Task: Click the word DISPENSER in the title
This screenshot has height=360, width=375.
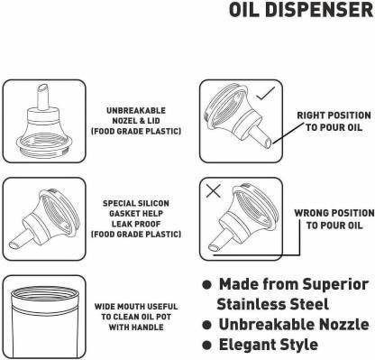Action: tap(319, 9)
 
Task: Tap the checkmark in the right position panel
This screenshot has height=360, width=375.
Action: tap(266, 93)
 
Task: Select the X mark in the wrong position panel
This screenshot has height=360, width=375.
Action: tap(214, 190)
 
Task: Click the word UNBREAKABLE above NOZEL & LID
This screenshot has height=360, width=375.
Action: tap(136, 111)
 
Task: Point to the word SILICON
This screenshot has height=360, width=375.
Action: tap(154, 203)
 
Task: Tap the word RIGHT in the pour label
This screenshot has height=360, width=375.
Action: tap(310, 115)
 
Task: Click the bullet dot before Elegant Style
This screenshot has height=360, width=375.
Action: tap(206, 345)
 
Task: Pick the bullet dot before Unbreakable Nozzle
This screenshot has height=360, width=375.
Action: tap(206, 325)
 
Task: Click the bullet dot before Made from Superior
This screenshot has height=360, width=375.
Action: tap(206, 284)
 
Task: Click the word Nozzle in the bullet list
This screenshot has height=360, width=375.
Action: tap(343, 324)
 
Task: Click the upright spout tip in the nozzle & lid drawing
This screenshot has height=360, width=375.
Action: tap(42, 88)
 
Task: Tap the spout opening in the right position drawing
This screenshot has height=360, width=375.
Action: tap(270, 143)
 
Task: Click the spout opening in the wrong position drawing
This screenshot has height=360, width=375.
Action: tap(214, 248)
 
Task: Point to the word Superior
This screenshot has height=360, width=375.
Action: tap(335, 284)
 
